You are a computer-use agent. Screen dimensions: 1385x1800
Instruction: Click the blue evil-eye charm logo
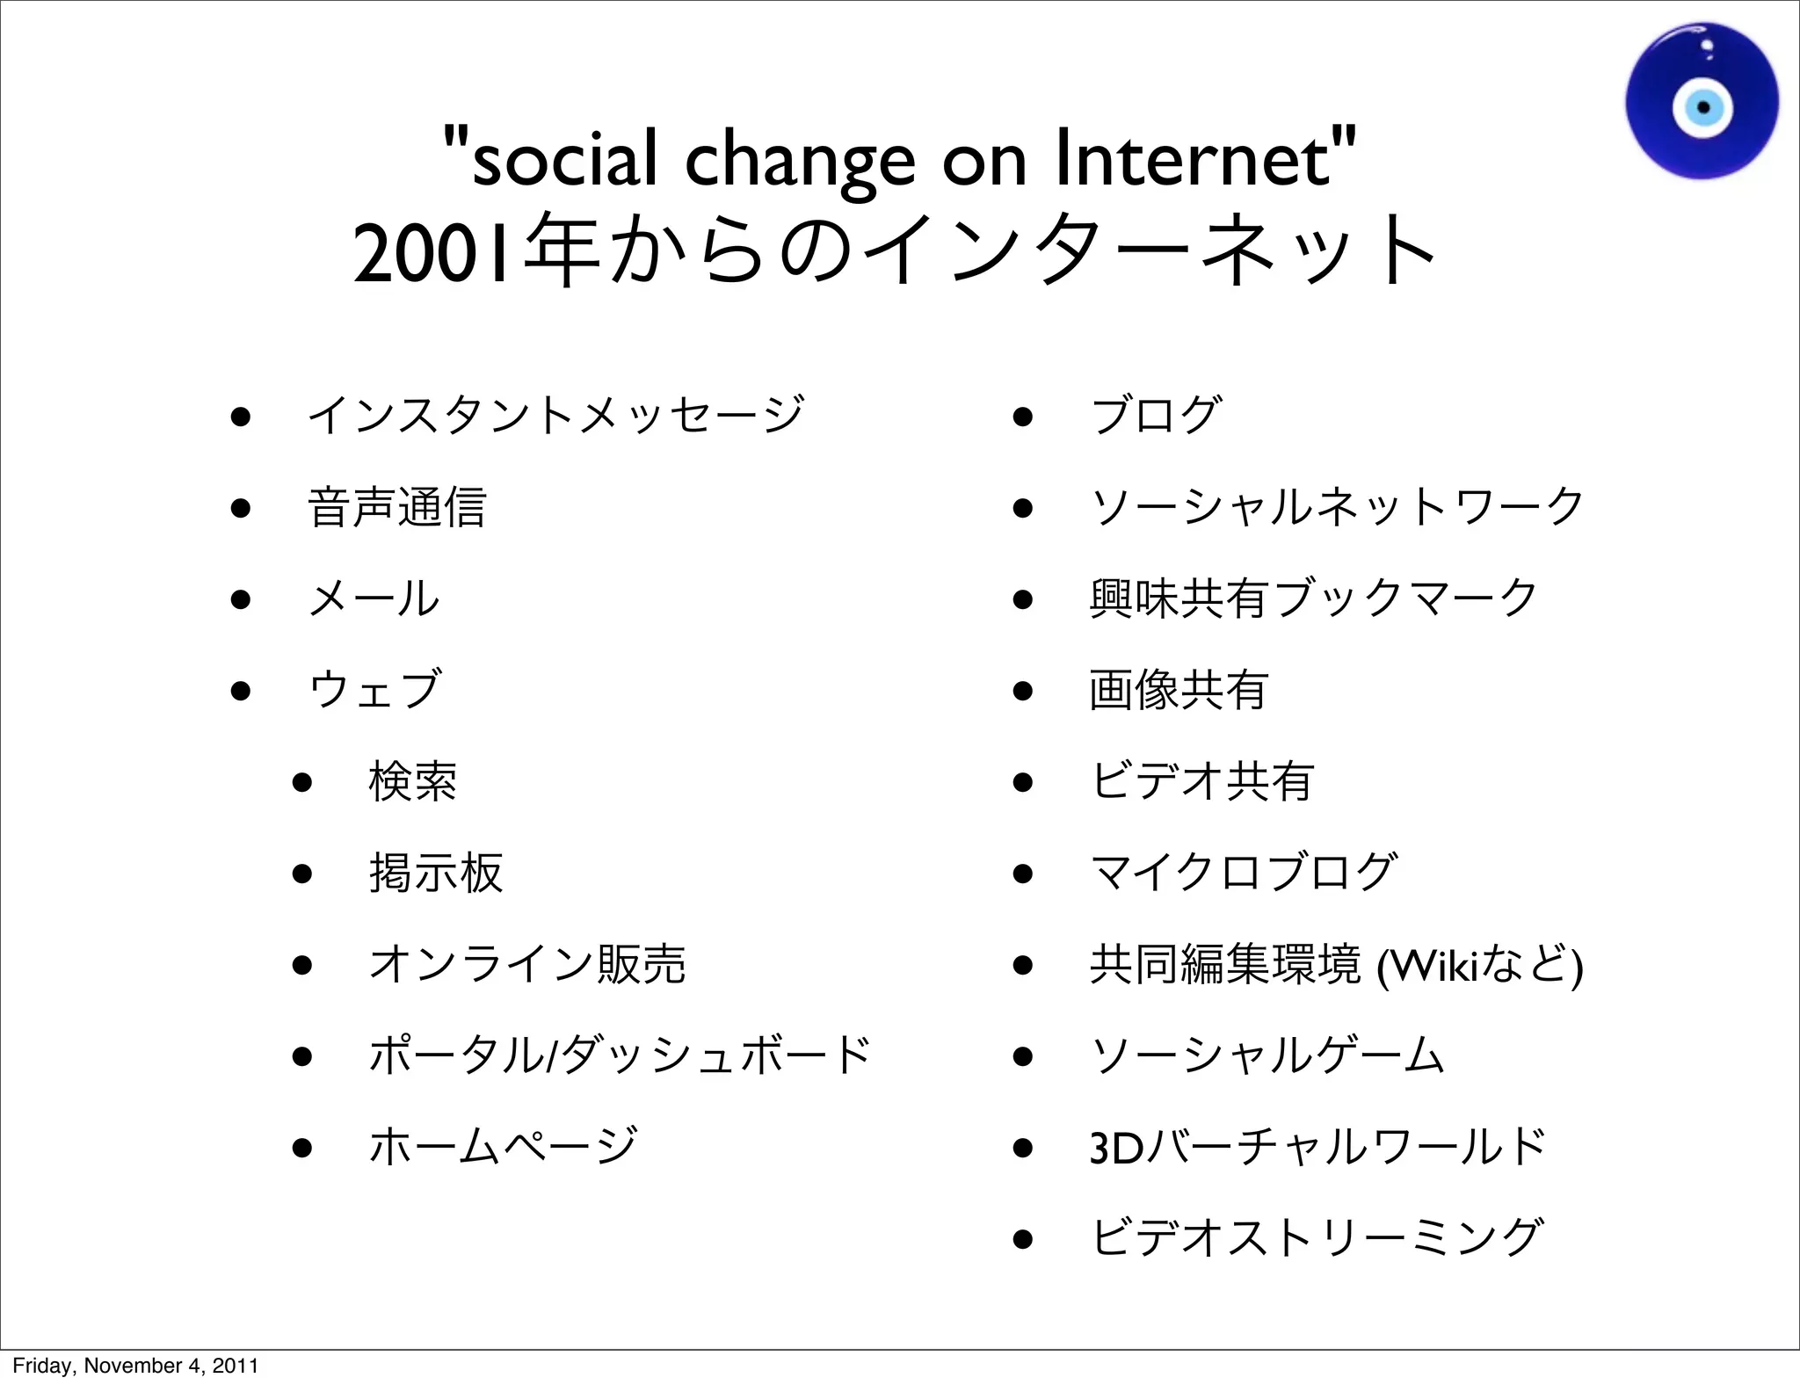click(1702, 102)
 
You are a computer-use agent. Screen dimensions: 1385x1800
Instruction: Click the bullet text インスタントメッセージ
click(555, 415)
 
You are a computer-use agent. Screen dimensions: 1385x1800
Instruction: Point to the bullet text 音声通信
click(396, 507)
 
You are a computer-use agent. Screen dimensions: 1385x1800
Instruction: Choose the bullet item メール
click(374, 598)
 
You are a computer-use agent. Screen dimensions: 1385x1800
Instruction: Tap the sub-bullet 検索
click(412, 781)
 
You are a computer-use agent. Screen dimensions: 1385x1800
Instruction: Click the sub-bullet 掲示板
click(436, 873)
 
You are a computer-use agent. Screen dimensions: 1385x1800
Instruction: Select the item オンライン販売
click(527, 964)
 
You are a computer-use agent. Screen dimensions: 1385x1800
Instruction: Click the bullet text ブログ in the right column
click(1156, 415)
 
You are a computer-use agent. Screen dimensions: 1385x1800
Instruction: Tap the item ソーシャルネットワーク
click(1337, 507)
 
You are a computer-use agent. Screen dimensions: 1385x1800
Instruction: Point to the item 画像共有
click(1179, 690)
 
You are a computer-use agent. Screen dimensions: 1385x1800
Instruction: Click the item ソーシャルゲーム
click(1267, 1055)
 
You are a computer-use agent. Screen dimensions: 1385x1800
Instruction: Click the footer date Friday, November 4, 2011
click(135, 1366)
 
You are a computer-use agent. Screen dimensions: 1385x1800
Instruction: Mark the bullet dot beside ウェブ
click(241, 691)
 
